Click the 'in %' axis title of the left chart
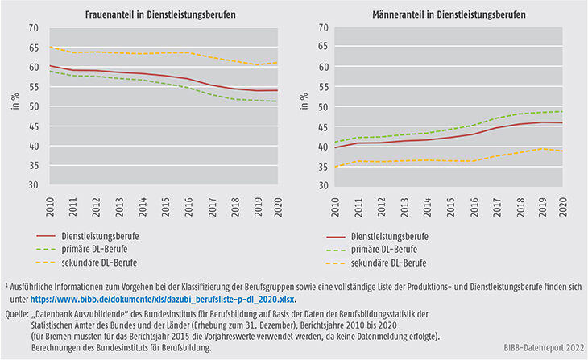click(14, 106)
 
